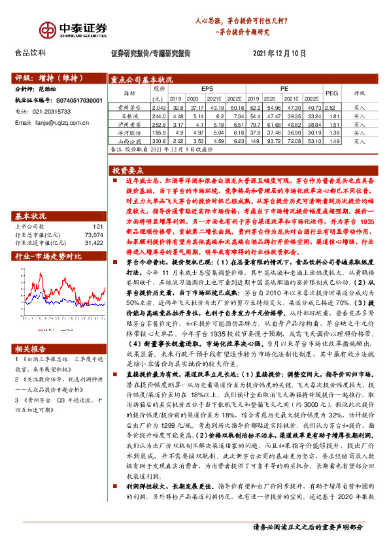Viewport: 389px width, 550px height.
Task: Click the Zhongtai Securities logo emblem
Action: coord(46,29)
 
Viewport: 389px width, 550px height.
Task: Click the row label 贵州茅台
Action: coord(130,106)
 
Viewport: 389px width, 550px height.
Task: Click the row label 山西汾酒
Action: coord(130,140)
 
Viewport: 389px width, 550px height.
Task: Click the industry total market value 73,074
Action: coord(94,234)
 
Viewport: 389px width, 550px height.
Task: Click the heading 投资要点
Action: coord(129,169)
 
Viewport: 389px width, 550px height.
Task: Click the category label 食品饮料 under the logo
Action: coord(31,54)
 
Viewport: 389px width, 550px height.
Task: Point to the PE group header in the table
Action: coord(285,87)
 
